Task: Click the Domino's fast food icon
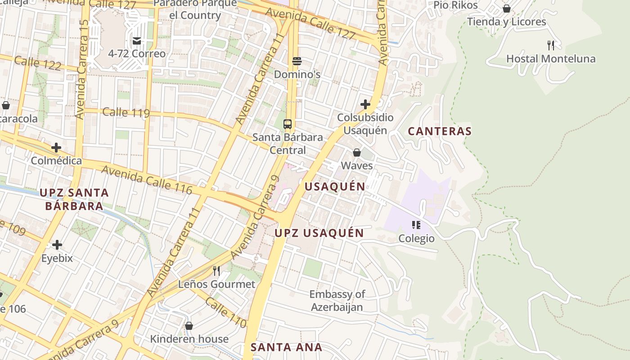tap(297, 61)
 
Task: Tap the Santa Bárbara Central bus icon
tap(288, 124)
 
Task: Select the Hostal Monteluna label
tap(551, 59)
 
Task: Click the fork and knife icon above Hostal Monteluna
tap(551, 45)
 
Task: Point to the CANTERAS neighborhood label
tap(439, 131)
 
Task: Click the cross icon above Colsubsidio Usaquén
tap(365, 105)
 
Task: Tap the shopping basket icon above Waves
tap(357, 153)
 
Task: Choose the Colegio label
tap(416, 238)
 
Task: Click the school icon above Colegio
tap(416, 225)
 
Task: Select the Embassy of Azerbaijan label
tap(337, 301)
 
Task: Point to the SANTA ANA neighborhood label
tap(286, 347)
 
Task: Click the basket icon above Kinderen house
tap(189, 325)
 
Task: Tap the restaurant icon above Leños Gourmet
tap(216, 270)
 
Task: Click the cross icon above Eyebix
tap(57, 245)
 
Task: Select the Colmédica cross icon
tap(56, 148)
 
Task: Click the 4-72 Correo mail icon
tap(137, 41)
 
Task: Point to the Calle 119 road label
tap(126, 112)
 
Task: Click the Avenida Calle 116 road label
tap(147, 180)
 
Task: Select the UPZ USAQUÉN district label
tap(319, 233)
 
